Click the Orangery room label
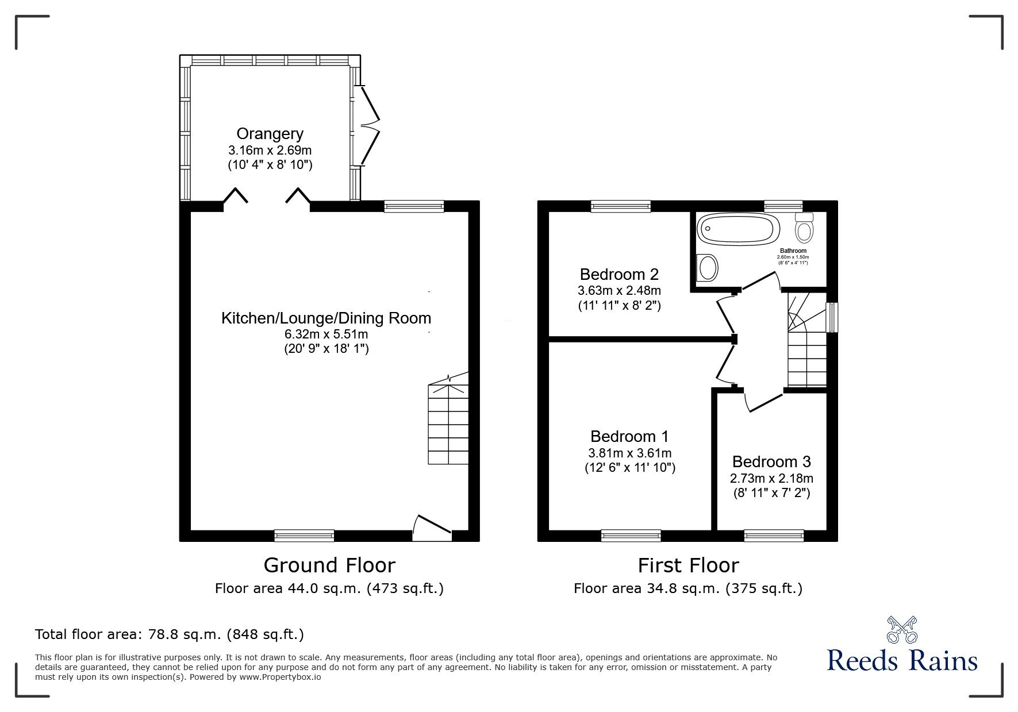coord(270,134)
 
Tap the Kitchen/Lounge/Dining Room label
coord(326,318)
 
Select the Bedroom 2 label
coord(619,274)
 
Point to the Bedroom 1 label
coord(629,437)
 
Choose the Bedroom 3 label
coord(771,461)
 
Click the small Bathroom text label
coord(793,251)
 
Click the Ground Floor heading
coord(329,565)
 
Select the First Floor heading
coord(688,565)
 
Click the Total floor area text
coord(170,634)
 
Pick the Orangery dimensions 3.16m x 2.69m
coord(270,151)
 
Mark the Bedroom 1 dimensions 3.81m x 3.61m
coord(629,453)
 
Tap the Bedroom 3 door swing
coord(763,401)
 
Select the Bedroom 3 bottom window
coord(774,536)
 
